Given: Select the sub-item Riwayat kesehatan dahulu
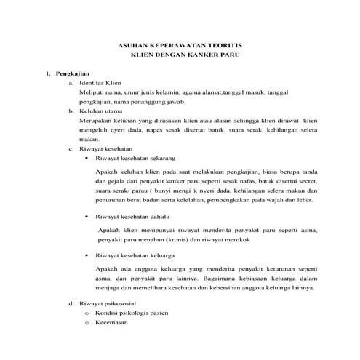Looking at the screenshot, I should [132, 217].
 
